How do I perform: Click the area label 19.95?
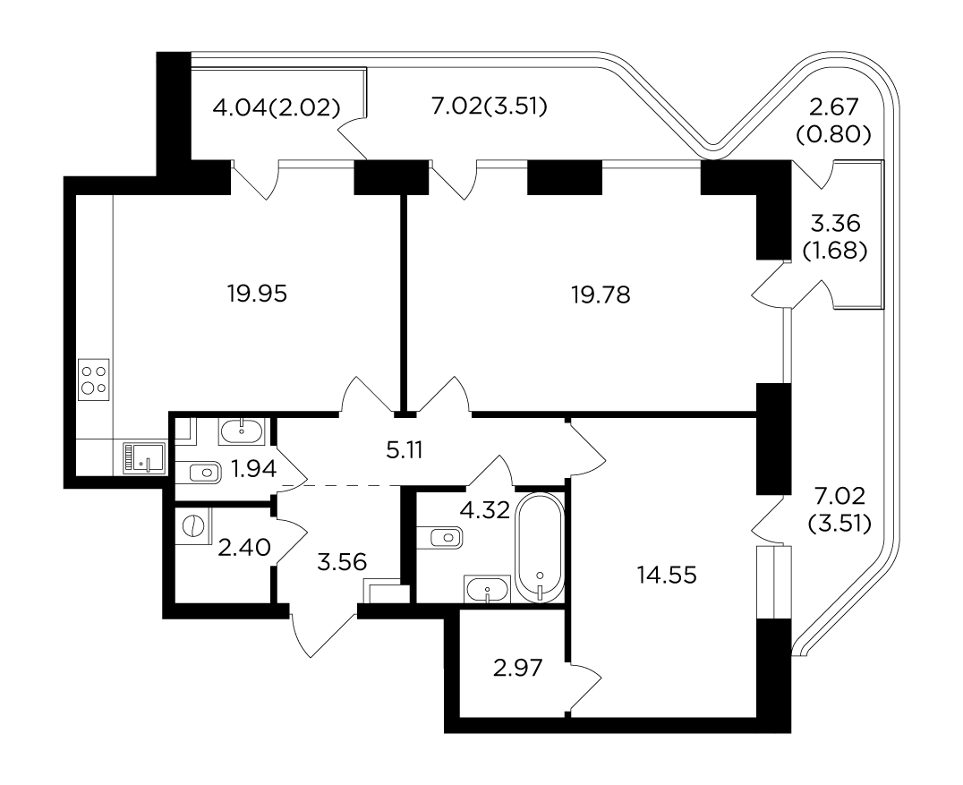tap(258, 294)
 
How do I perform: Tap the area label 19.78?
tap(601, 294)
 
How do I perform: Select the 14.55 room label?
tap(667, 576)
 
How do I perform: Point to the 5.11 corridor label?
tap(405, 451)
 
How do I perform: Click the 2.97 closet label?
tap(517, 668)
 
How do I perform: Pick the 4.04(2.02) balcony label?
tap(277, 108)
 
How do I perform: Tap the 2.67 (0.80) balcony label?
tap(833, 121)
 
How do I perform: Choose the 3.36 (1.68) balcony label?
tap(835, 237)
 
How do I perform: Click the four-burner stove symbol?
tap(94, 380)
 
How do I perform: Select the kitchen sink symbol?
tap(144, 458)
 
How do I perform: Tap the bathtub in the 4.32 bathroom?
tap(540, 547)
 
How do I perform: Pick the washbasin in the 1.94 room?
tap(242, 431)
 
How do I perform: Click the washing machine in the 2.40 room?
tap(192, 526)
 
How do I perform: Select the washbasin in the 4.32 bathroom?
tap(488, 590)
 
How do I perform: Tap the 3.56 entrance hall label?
tap(342, 561)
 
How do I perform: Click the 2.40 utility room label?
tap(244, 547)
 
